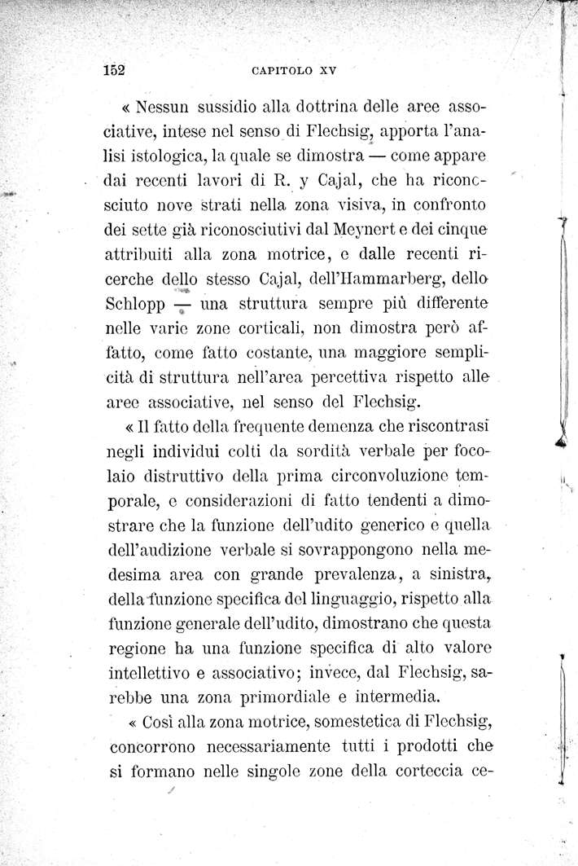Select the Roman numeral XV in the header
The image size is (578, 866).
click(x=326, y=70)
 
